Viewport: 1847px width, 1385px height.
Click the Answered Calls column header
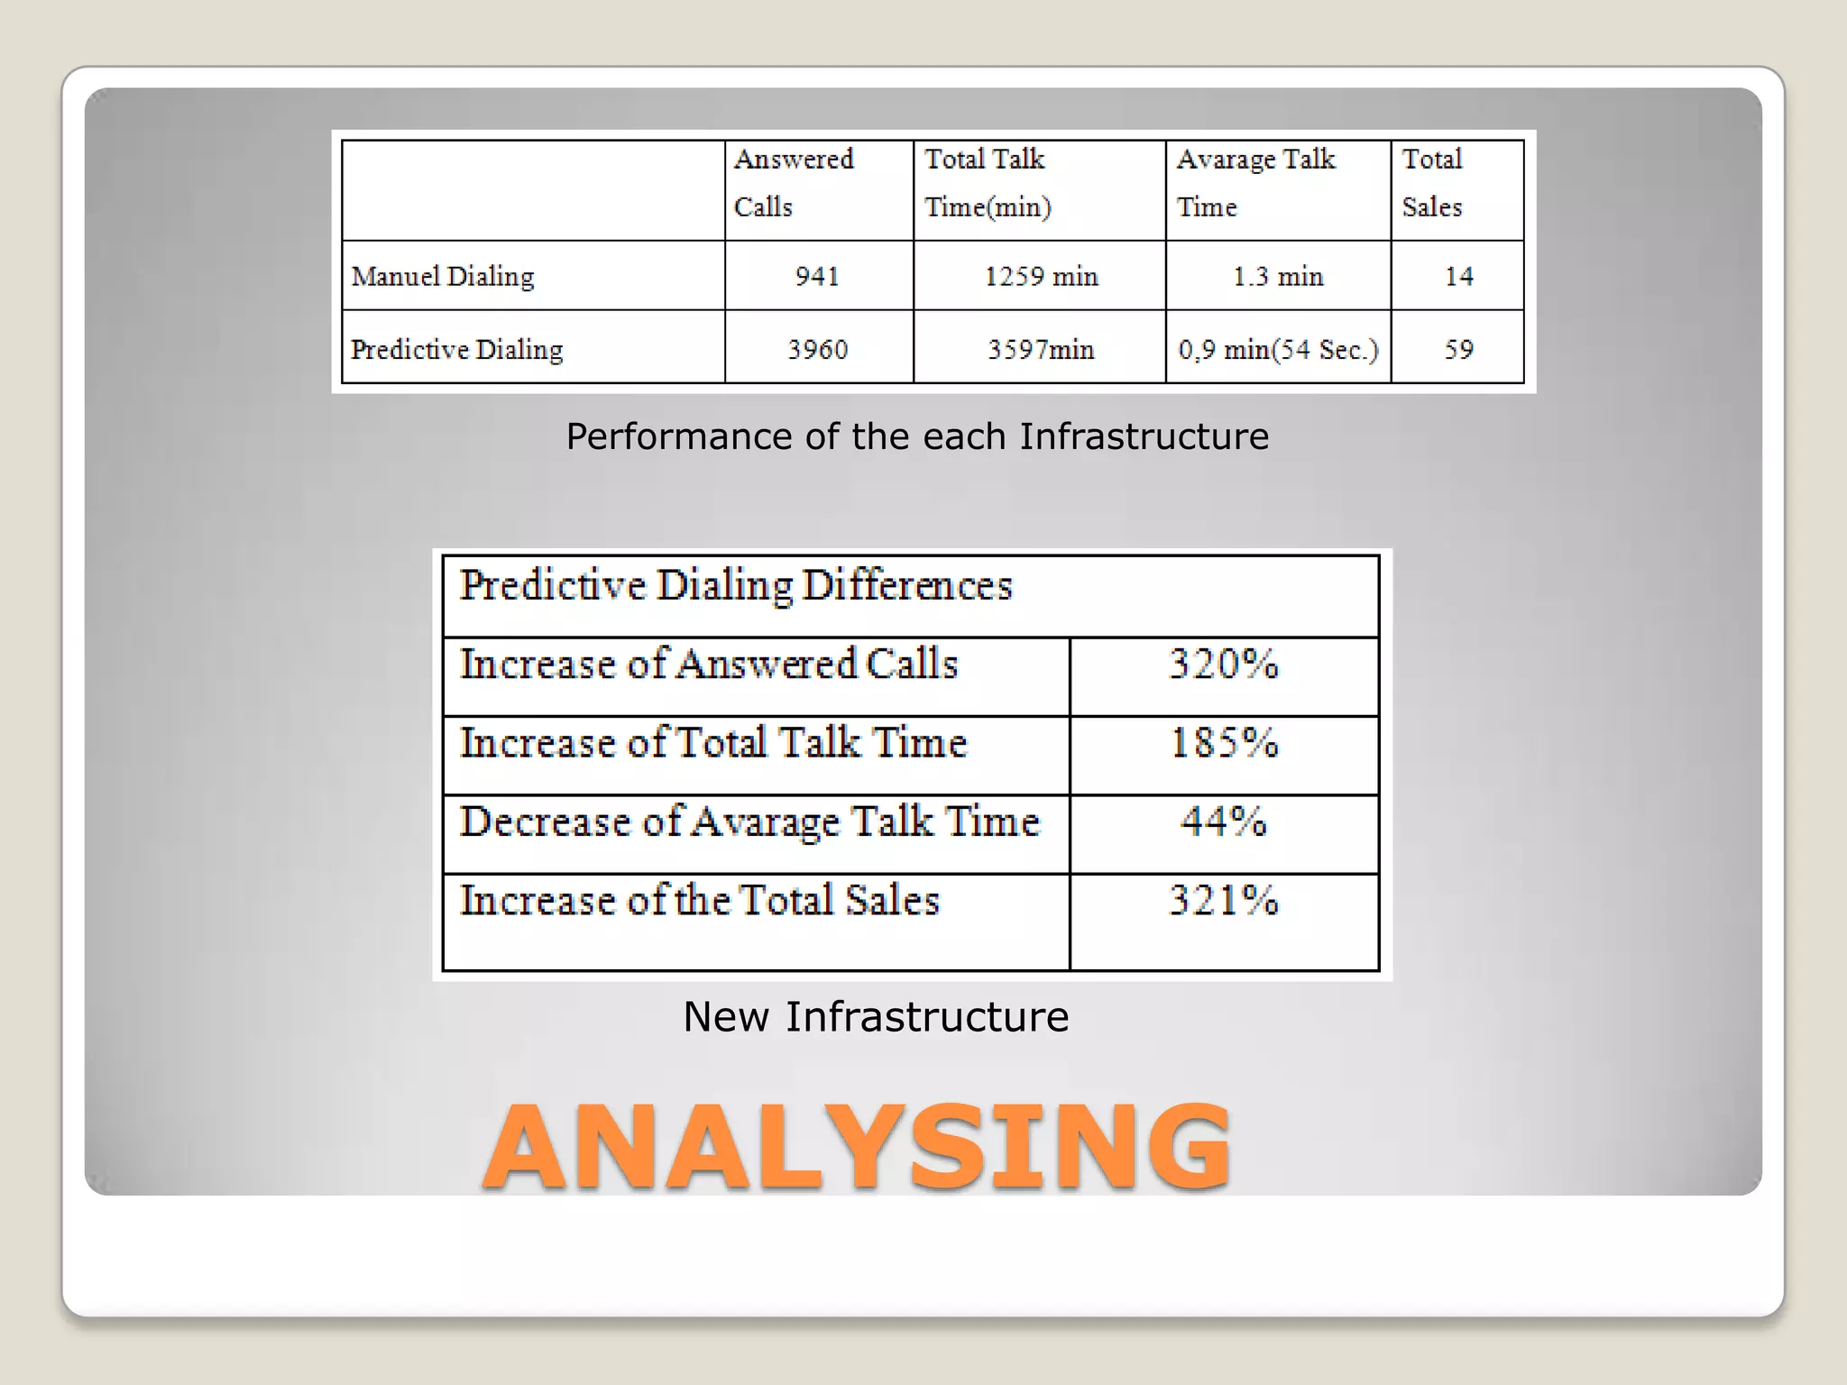coord(794,183)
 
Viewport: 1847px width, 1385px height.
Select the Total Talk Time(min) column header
coord(988,183)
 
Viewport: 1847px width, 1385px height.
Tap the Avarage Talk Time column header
coord(1255,183)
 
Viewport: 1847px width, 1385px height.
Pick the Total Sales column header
coord(1432,183)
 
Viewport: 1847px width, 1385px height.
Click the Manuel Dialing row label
coord(443,276)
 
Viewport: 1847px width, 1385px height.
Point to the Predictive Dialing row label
coord(456,349)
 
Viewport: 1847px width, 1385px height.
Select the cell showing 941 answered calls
coord(817,276)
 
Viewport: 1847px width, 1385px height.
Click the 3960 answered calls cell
coord(817,349)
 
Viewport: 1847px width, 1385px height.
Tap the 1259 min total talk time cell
coord(1041,276)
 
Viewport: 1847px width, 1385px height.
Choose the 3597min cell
coord(1041,349)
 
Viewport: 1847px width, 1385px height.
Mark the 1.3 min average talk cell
coord(1278,276)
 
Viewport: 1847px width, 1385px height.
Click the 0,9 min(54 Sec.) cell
coord(1278,349)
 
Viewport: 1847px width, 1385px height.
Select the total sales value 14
coord(1458,276)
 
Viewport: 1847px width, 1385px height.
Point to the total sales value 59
coord(1458,349)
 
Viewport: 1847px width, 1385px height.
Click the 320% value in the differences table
coord(1224,665)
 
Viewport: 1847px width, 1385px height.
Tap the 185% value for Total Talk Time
coord(1224,743)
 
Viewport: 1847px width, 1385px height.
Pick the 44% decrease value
coord(1224,821)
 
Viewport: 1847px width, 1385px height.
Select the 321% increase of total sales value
coord(1224,900)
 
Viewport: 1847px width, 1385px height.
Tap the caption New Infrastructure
coord(876,1016)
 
